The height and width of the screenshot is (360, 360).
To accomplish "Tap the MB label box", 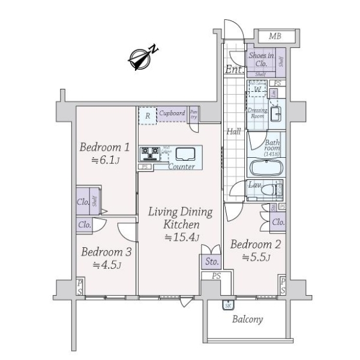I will (275, 37).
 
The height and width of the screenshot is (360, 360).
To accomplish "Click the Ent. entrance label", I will (233, 70).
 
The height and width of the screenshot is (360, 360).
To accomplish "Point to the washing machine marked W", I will (257, 90).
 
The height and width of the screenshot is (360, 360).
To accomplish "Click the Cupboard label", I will (172, 113).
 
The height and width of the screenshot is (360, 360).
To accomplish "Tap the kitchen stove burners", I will (149, 154).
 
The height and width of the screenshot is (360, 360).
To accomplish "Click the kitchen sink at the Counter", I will (184, 152).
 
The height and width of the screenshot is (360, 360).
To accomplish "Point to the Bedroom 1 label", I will (103, 146).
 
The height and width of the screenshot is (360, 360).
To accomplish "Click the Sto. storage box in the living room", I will (211, 261).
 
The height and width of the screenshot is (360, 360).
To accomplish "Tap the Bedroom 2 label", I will (256, 244).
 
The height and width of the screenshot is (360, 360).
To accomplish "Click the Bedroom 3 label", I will (106, 251).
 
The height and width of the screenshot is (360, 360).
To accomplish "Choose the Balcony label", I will (248, 319).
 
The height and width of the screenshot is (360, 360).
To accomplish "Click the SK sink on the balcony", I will (229, 305).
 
